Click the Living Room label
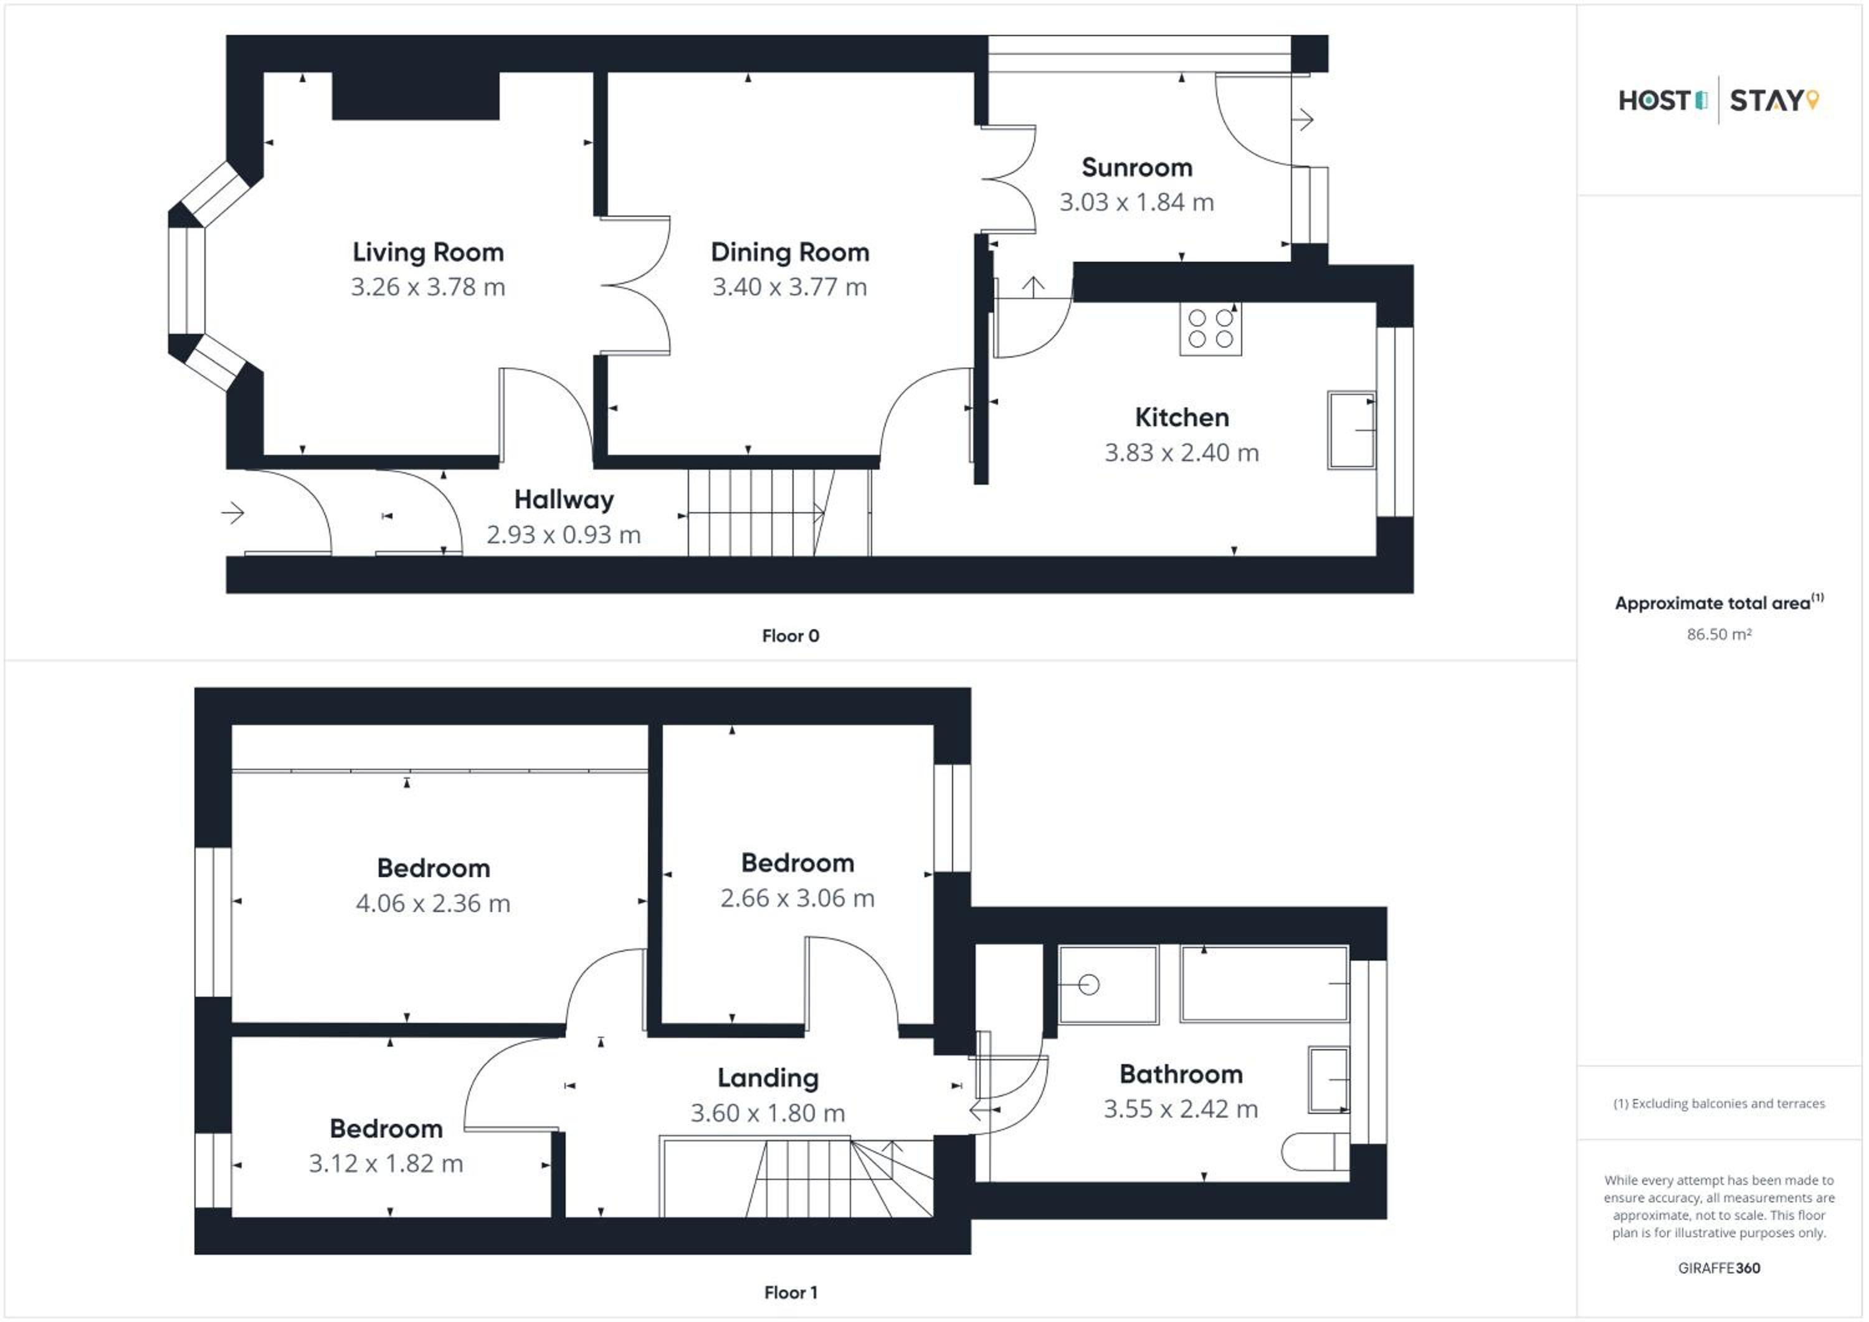point(428,252)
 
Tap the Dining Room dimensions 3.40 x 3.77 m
point(789,287)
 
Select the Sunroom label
point(1137,168)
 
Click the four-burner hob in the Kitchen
point(1210,329)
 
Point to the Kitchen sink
point(1351,430)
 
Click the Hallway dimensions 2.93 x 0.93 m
point(563,535)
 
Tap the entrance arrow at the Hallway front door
point(233,513)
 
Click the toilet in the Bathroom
point(1315,1153)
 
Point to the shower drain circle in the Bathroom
point(1089,985)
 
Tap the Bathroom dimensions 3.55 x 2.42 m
point(1181,1110)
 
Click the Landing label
point(768,1078)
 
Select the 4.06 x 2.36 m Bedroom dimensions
point(433,903)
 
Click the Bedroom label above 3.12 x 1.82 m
point(386,1128)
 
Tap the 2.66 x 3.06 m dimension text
point(797,898)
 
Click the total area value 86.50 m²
point(1718,634)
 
